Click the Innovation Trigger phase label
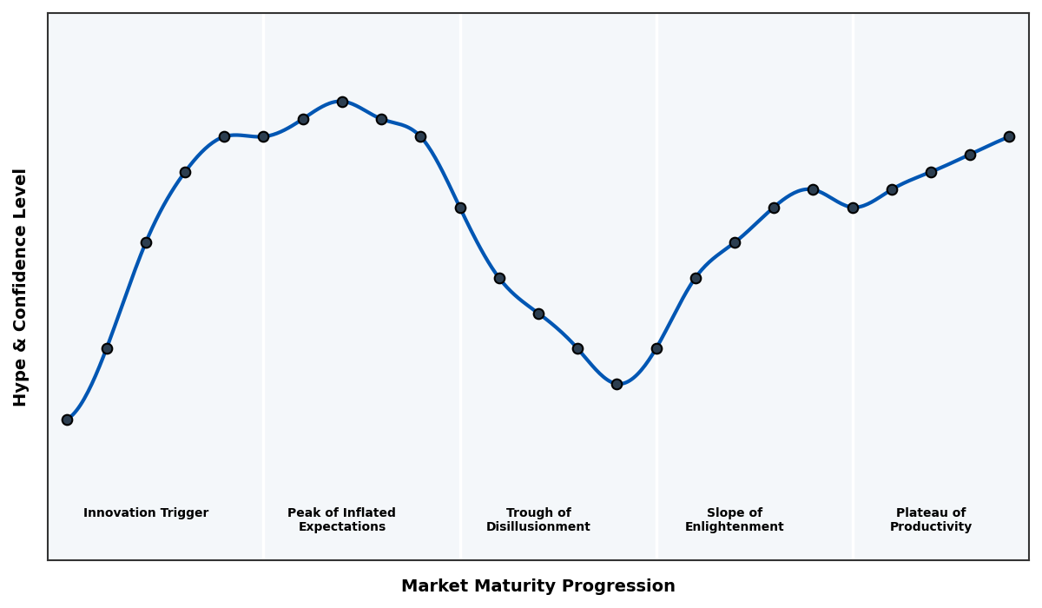(146, 513)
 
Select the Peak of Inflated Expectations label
(341, 519)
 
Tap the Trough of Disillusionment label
(537, 519)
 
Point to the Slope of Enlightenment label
(734, 519)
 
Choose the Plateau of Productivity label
(930, 519)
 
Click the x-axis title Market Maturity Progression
(537, 586)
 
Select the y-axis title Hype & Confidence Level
(21, 287)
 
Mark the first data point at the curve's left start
(67, 420)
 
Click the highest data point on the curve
(342, 102)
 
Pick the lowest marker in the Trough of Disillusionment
(617, 384)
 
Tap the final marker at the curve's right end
(1009, 136)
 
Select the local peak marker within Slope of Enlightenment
(813, 189)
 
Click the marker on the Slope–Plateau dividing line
(853, 208)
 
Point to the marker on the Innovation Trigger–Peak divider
(263, 136)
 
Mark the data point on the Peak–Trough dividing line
(460, 208)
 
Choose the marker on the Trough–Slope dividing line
(656, 348)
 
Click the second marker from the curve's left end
(107, 348)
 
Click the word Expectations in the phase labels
(341, 527)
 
